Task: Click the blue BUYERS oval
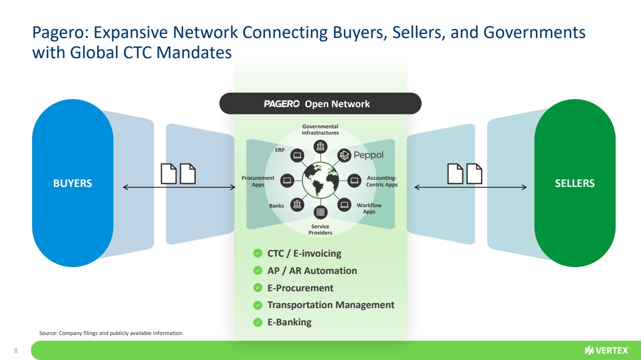(x=73, y=183)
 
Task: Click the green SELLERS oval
(x=575, y=183)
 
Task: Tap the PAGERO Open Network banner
(x=320, y=104)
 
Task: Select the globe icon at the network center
(x=320, y=180)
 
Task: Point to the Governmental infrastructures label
(x=320, y=130)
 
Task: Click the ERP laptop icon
(x=297, y=155)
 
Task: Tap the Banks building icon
(x=298, y=204)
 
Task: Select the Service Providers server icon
(x=320, y=212)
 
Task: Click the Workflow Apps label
(x=369, y=208)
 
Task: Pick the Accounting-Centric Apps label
(x=382, y=181)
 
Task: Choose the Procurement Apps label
(x=258, y=181)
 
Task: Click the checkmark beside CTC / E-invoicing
(x=258, y=253)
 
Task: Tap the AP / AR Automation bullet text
(x=312, y=271)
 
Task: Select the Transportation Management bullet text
(x=331, y=305)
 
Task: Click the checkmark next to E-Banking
(x=258, y=322)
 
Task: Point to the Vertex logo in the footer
(x=606, y=350)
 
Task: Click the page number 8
(x=16, y=350)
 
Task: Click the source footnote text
(x=111, y=333)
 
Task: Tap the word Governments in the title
(x=534, y=33)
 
